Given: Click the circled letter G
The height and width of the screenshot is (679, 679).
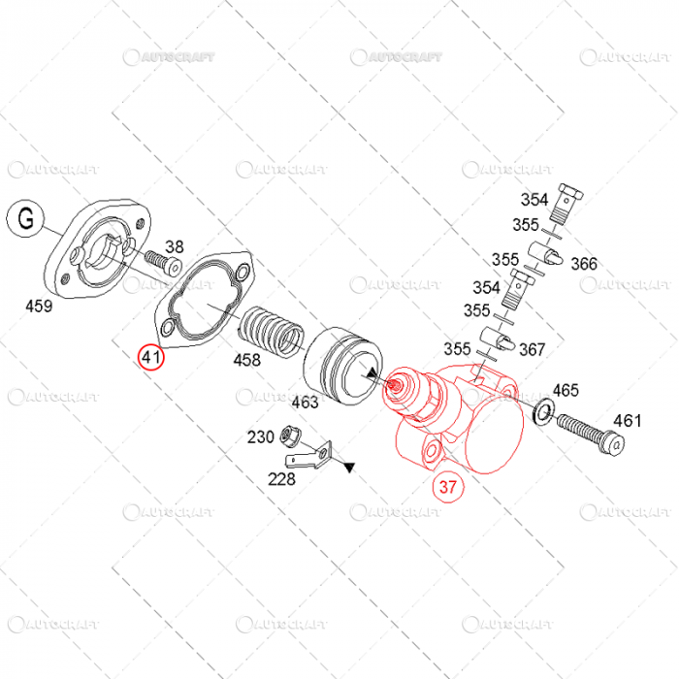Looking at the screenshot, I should tap(26, 219).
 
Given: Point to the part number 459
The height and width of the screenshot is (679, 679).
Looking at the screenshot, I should tap(40, 307).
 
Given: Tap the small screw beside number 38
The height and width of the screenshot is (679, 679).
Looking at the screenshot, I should tap(164, 262).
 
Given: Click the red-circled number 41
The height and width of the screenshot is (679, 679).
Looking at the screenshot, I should tap(150, 358).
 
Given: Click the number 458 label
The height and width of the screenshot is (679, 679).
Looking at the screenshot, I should tap(246, 361).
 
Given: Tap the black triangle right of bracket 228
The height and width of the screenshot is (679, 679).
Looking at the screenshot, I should tap(348, 468).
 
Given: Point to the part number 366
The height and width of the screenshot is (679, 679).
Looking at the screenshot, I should tap(584, 264).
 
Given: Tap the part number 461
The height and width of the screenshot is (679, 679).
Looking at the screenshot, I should tap(627, 420).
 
